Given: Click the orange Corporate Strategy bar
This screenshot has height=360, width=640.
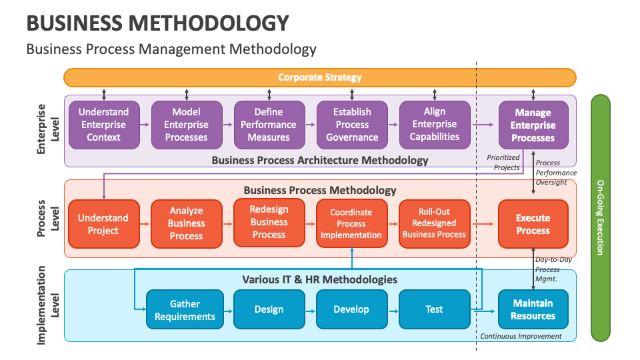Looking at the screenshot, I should (x=319, y=77).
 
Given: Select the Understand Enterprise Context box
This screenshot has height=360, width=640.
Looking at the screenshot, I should (x=103, y=125).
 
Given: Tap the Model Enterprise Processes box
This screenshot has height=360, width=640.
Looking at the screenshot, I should (x=186, y=125).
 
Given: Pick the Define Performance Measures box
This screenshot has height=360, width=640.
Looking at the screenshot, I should (x=269, y=125).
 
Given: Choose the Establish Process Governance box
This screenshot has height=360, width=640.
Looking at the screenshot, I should (x=352, y=125).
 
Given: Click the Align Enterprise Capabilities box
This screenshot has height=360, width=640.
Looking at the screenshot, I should (x=435, y=125).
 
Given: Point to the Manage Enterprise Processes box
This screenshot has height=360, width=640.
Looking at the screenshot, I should (x=533, y=125).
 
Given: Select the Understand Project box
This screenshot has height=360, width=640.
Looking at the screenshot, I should (x=103, y=224).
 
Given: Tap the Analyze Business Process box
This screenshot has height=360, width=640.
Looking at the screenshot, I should (x=186, y=224).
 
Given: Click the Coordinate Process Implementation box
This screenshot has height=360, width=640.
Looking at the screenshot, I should (x=351, y=224).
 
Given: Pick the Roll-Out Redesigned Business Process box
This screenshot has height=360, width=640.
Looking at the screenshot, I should (x=434, y=224).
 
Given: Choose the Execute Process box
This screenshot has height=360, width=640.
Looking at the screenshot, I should (x=533, y=224).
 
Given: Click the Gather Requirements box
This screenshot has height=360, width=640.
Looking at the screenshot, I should (x=185, y=309).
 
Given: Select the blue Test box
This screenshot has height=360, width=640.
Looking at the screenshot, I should (x=434, y=309).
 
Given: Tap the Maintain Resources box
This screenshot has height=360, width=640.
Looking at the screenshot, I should (x=533, y=309).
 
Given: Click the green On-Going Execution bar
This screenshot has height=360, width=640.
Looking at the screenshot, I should (x=600, y=217).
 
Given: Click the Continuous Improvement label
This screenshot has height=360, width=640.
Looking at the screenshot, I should (x=521, y=336).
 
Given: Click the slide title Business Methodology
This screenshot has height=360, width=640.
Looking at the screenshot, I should (x=157, y=23).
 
